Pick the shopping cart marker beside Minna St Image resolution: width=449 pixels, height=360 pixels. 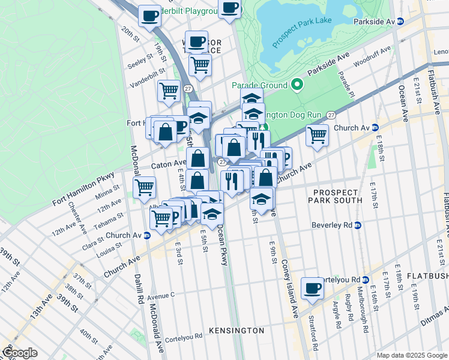(x=144, y=187)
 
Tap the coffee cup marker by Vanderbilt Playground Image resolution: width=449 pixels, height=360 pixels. (x=149, y=16)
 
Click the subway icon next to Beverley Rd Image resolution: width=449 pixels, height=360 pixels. (x=358, y=226)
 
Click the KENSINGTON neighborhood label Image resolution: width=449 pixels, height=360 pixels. (x=237, y=331)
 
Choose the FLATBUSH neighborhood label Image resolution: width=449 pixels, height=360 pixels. (x=427, y=276)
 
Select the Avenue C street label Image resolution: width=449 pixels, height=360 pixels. (x=160, y=295)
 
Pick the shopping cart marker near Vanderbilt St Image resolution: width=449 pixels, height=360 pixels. (x=169, y=91)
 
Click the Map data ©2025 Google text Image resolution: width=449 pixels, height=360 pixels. (x=411, y=355)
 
